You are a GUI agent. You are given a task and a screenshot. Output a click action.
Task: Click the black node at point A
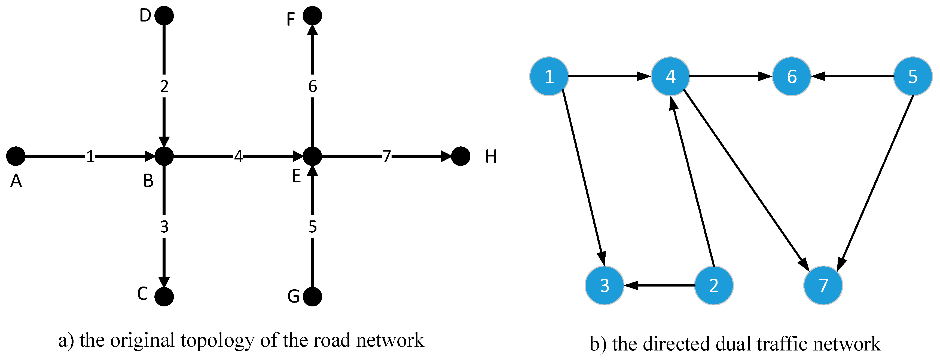point(16,156)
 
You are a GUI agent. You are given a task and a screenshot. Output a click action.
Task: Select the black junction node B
point(164,156)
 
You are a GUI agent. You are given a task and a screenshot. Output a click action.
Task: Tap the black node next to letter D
point(164,16)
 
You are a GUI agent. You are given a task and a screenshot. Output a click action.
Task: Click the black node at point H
point(460,156)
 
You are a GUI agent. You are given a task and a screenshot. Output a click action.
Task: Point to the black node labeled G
point(312,297)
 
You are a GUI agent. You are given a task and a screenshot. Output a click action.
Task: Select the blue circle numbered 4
point(670,76)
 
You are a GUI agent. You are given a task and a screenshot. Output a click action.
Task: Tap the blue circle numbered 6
point(792,76)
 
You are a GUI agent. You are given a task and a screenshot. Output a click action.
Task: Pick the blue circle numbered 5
point(912,76)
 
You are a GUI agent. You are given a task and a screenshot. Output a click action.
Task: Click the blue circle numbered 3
point(604,285)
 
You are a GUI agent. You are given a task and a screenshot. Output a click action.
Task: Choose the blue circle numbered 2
point(714,285)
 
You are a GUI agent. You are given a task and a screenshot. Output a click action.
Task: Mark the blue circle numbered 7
point(823,285)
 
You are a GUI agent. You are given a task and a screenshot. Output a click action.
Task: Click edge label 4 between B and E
point(238,156)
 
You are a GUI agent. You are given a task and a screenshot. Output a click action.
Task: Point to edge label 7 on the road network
point(386,156)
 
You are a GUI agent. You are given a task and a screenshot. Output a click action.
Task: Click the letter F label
point(291,19)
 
